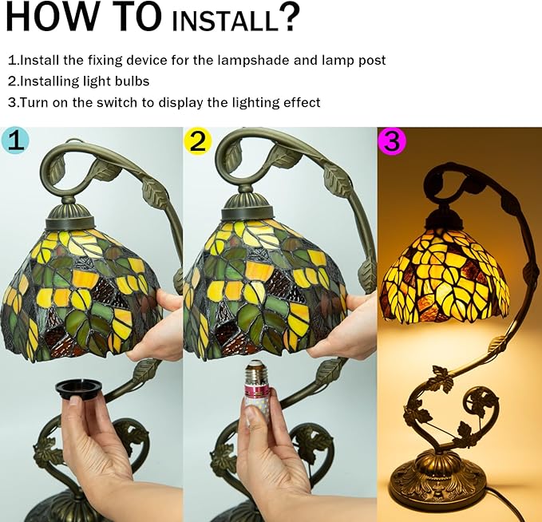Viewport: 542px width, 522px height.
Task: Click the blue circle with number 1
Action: pos(15,140)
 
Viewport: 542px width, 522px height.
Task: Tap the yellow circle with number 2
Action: pos(197,140)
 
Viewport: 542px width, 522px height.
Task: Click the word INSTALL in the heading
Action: pos(225,21)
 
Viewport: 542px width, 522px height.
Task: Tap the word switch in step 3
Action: pos(117,103)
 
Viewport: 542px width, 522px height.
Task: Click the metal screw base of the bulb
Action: pos(258,370)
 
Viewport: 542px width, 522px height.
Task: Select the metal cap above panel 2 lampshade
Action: pos(246,207)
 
